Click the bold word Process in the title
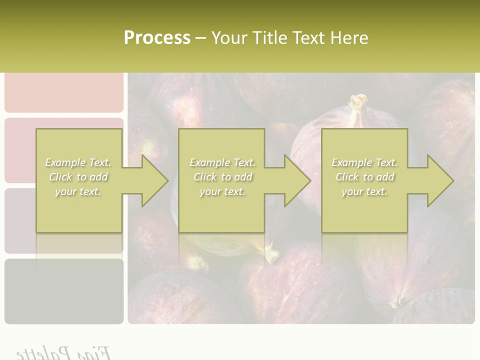click(x=157, y=38)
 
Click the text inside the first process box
click(x=78, y=177)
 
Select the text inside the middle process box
click(x=222, y=177)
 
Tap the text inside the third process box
click(x=364, y=177)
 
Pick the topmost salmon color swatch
click(x=64, y=92)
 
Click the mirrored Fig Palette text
click(x=63, y=352)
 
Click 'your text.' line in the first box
click(x=78, y=191)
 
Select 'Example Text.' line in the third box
click(x=364, y=162)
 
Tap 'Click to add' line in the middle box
click(x=222, y=177)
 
